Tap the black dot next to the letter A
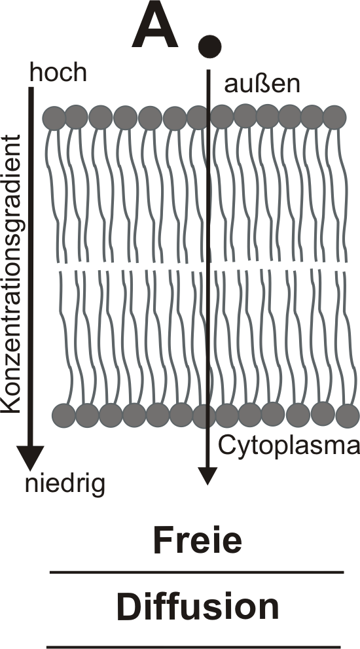coord(210,46)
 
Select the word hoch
coord(58,73)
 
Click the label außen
coord(262,84)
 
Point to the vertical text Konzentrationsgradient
coord(10,273)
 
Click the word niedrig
coord(65,484)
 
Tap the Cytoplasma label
coord(289,447)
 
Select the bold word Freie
coord(198,540)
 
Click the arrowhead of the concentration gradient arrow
coord(30,458)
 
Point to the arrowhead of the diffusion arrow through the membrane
coord(207,476)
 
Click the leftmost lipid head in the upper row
coord(54,118)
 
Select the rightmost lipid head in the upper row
coord(334,117)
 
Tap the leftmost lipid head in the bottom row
coord(63,415)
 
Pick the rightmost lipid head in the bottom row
coord(348,416)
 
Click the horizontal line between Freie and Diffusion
coord(197,572)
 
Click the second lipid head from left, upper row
coord(76,117)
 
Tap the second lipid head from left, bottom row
coord(88,415)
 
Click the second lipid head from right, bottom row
coord(323,413)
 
